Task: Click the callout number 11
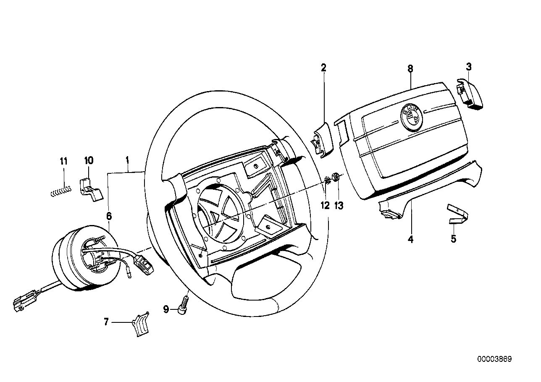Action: point(63,161)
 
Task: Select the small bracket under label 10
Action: point(90,189)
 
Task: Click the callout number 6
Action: point(109,216)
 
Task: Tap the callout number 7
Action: point(106,322)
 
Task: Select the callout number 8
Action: point(410,68)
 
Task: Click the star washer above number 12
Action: point(328,181)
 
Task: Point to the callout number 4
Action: point(410,240)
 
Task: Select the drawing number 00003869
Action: point(494,359)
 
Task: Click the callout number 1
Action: point(127,160)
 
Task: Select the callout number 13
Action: point(339,205)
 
